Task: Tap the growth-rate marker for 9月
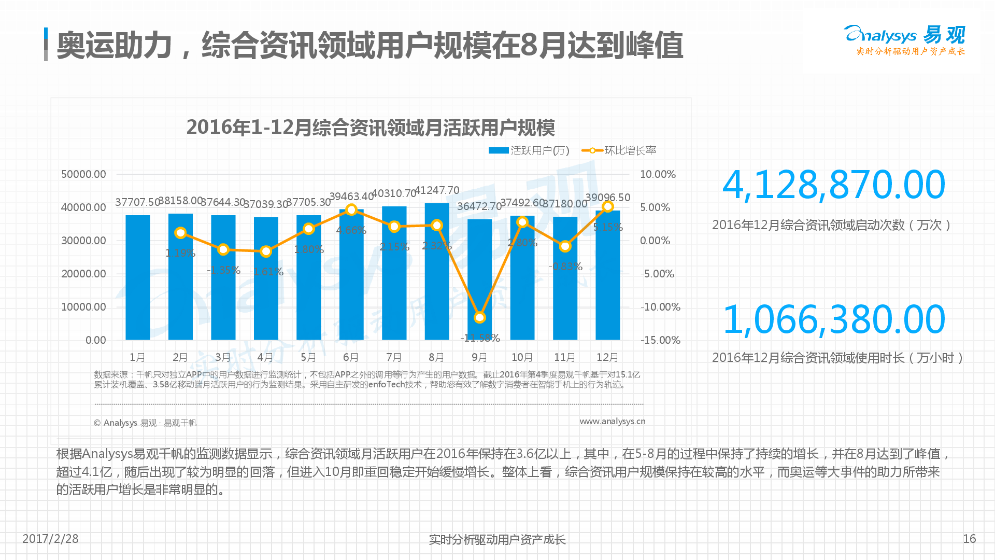pyautogui.click(x=480, y=317)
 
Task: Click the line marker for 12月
pyautogui.click(x=608, y=207)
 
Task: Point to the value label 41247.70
pyautogui.click(x=437, y=190)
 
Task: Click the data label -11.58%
pyautogui.click(x=480, y=338)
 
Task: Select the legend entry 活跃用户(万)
pyautogui.click(x=529, y=150)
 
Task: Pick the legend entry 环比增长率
pyautogui.click(x=619, y=150)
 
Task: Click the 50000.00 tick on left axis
pyautogui.click(x=83, y=174)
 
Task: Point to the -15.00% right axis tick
pyautogui.click(x=660, y=340)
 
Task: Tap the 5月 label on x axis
pyautogui.click(x=308, y=357)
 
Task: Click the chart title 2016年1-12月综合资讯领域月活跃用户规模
pyautogui.click(x=371, y=128)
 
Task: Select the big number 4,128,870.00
pyautogui.click(x=833, y=185)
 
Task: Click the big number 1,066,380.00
pyautogui.click(x=833, y=319)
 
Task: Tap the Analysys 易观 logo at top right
pyautogui.click(x=904, y=39)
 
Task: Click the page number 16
pyautogui.click(x=969, y=539)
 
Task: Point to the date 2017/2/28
pyautogui.click(x=50, y=539)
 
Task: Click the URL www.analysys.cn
pyautogui.click(x=612, y=421)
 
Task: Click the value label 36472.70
pyautogui.click(x=479, y=206)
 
